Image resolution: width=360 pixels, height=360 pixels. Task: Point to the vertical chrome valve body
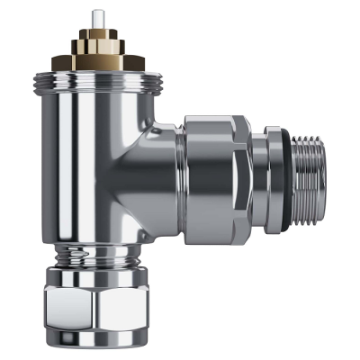(x=90, y=162)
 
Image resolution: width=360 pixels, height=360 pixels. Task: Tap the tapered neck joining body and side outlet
(x=157, y=171)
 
